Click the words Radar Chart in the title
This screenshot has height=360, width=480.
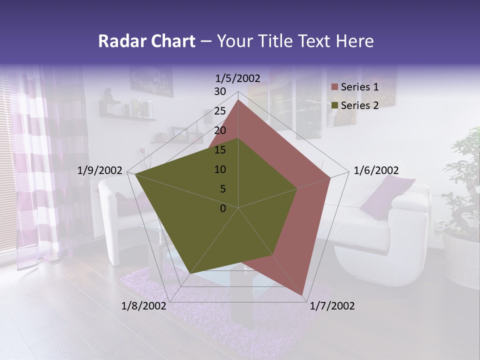tap(146, 41)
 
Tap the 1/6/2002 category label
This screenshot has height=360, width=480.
tap(376, 170)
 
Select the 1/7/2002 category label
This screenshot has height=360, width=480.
tap(332, 306)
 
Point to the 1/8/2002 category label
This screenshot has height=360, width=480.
tap(143, 306)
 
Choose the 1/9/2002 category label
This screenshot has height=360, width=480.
tap(100, 170)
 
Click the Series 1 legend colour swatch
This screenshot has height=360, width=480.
tap(335, 87)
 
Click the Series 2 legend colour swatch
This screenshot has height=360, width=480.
tap(335, 105)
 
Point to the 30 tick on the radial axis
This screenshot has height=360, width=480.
tap(220, 91)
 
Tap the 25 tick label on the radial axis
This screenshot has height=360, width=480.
tap(220, 111)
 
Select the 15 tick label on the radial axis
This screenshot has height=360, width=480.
tap(220, 150)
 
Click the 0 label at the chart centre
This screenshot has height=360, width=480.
tap(223, 208)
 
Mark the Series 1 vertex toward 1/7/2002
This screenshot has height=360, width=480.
tap(302, 295)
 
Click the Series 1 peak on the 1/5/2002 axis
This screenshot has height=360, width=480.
tap(238, 99)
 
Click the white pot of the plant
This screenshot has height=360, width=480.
tap(460, 260)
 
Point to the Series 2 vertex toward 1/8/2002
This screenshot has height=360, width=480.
tap(190, 273)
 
